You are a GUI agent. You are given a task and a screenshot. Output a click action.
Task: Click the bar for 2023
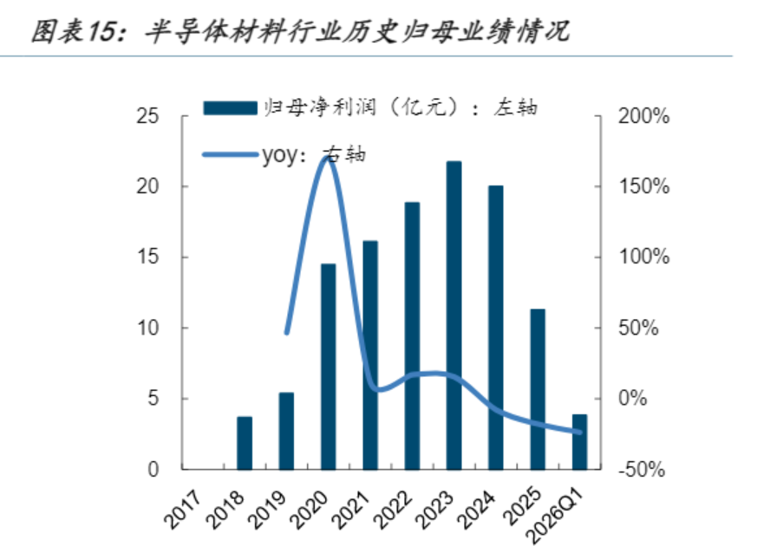[x=454, y=315]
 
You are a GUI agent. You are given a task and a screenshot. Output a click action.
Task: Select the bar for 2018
[x=245, y=443]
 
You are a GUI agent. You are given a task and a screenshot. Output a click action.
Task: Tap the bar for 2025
[x=538, y=389]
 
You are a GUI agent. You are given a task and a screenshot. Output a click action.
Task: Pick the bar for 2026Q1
[x=580, y=442]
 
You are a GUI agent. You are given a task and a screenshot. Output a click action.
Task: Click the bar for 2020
[x=329, y=367]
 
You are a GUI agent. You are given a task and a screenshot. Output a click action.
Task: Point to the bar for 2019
[x=286, y=431]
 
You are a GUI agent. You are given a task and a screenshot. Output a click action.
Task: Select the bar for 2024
[x=496, y=328]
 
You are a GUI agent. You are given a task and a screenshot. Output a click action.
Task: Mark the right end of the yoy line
[x=580, y=432]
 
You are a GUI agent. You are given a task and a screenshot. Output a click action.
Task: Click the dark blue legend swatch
[x=231, y=107]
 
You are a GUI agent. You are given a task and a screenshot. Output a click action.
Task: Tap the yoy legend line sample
[x=231, y=154]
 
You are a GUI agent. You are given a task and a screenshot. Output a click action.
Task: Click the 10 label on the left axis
[x=147, y=328]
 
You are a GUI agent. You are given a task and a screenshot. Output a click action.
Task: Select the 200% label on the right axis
[x=644, y=116]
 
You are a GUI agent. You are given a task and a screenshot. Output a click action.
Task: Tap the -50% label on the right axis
[x=642, y=469]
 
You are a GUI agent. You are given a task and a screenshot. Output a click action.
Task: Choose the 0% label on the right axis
[x=632, y=399]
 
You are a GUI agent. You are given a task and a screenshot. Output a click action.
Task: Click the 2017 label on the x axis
[x=182, y=510]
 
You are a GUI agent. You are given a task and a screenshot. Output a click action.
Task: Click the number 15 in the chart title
[x=101, y=32]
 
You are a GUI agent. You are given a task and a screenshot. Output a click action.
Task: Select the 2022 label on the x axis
[x=393, y=510]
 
